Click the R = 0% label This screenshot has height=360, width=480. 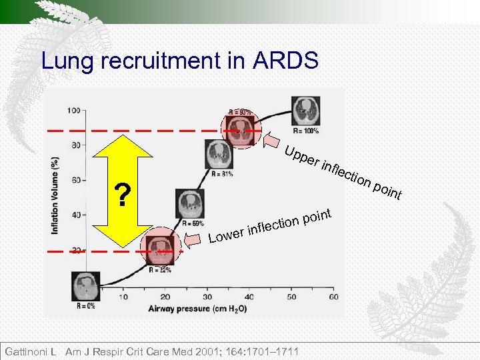click(85, 306)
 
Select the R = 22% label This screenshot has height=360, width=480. click(160, 270)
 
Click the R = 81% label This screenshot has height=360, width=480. click(223, 175)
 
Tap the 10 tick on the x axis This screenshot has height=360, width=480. click(123, 297)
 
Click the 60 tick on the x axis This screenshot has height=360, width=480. click(333, 297)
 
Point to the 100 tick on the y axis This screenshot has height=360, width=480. click(73, 109)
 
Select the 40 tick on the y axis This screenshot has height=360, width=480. click(75, 215)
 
